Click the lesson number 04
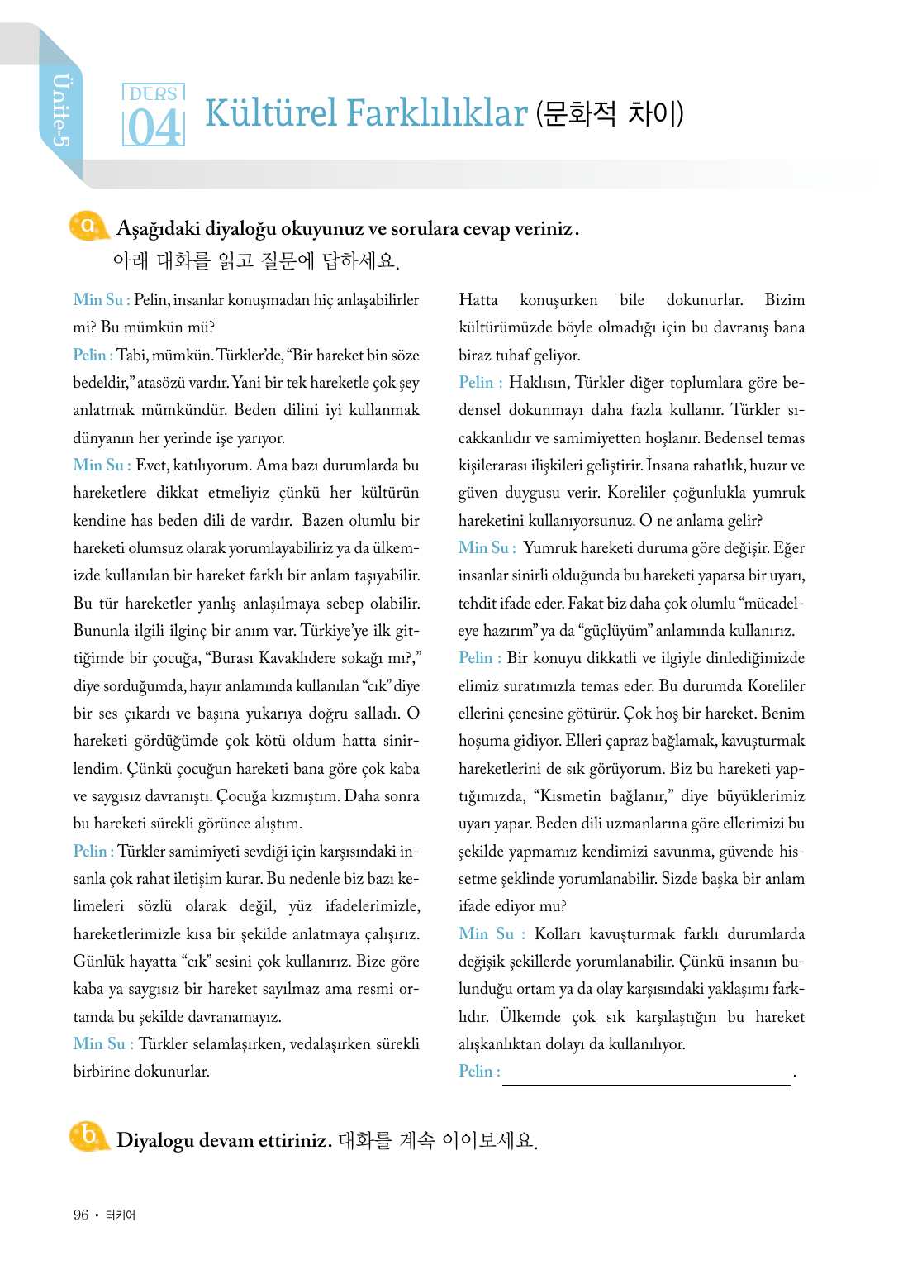154,128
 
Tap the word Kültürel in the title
272,113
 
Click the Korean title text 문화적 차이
610,113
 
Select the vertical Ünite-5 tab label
61,111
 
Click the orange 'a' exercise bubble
88,226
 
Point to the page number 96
81,1215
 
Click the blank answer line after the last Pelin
646,1074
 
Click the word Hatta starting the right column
478,300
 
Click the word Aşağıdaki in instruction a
158,229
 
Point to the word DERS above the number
154,93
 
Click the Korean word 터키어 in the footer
121,1215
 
